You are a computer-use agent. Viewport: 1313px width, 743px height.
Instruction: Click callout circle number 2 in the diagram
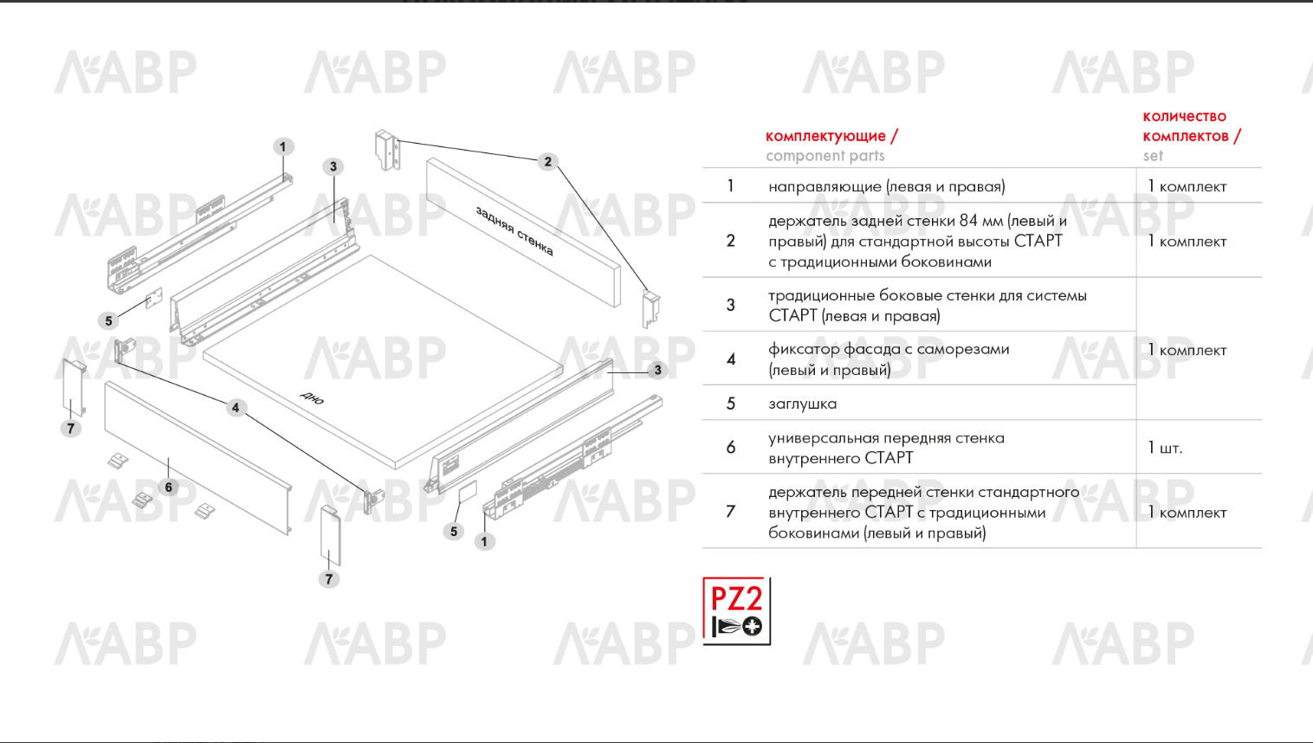(547, 162)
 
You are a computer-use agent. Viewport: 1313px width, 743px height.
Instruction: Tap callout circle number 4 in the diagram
(236, 408)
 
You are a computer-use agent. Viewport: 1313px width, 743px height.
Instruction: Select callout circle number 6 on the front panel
(169, 488)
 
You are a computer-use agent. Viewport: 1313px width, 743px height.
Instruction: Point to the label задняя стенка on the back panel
(514, 230)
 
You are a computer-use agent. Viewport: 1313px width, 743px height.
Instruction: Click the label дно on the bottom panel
(313, 397)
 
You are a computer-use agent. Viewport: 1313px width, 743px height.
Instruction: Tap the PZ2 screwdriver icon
(736, 611)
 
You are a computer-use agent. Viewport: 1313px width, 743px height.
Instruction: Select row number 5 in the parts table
(731, 404)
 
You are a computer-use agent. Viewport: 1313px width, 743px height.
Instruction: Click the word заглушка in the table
(802, 404)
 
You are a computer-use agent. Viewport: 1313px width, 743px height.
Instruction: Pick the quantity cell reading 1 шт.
(1165, 448)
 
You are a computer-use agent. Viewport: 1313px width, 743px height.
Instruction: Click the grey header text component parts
(825, 156)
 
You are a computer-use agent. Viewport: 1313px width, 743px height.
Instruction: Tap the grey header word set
(1153, 156)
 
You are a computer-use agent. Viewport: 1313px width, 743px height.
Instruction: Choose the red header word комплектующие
(826, 136)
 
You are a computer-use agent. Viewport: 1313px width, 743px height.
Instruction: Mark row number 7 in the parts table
(731, 512)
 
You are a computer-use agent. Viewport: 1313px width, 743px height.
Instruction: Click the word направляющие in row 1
(824, 187)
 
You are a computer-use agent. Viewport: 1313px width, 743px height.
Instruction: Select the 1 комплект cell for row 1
(1187, 187)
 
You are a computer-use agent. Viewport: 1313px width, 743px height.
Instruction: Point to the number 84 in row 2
(968, 221)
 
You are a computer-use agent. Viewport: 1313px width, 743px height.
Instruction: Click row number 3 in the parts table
(731, 305)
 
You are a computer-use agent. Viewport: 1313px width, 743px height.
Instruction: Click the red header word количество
(1184, 116)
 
